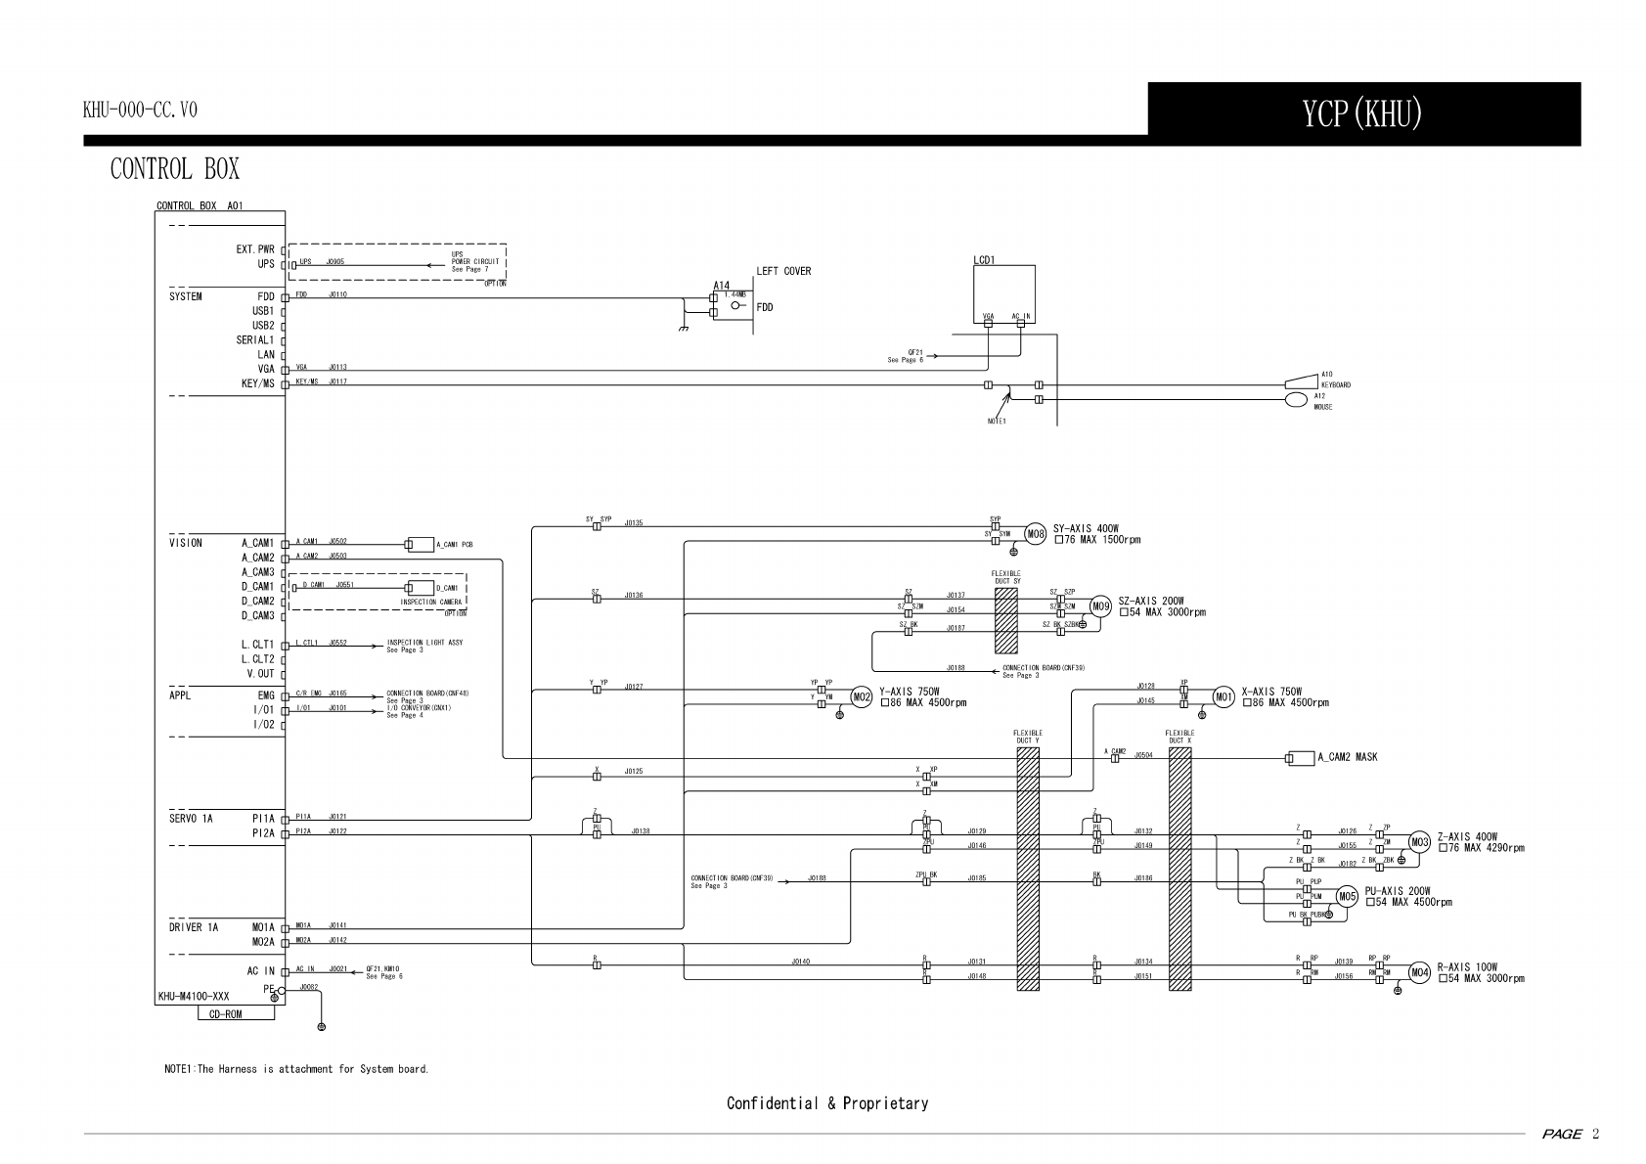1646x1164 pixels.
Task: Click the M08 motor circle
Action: (x=1036, y=534)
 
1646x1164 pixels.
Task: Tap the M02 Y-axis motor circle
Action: (x=862, y=697)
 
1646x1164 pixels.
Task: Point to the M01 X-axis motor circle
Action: (x=1224, y=696)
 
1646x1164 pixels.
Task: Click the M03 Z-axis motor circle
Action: (x=1419, y=842)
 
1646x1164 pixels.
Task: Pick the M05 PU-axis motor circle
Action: (x=1347, y=896)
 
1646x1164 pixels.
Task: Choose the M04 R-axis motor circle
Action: (x=1419, y=972)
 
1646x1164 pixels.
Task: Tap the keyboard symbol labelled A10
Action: (x=1301, y=382)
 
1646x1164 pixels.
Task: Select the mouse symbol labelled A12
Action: (x=1296, y=399)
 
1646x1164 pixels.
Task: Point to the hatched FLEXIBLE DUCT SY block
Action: (x=1006, y=620)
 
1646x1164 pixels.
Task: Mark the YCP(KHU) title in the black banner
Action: (x=1362, y=114)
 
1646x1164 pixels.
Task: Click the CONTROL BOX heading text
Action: (x=174, y=169)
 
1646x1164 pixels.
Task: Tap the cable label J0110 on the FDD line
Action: (x=337, y=294)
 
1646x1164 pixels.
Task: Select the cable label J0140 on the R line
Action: (x=800, y=962)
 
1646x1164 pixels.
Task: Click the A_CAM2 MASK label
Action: (x=1347, y=757)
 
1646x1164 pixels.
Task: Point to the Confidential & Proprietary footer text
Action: (x=826, y=1103)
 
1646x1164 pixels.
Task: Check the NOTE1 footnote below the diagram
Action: (x=296, y=1069)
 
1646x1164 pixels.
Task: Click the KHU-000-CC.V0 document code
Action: (x=140, y=111)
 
